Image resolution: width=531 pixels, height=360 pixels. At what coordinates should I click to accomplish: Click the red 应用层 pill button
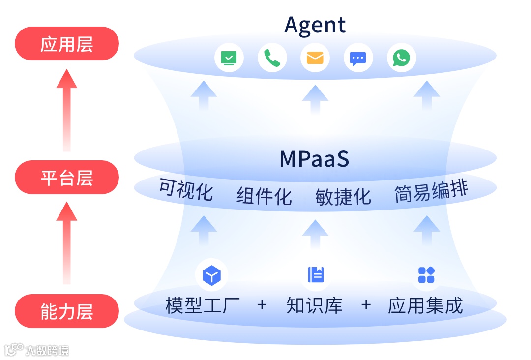[x=67, y=44]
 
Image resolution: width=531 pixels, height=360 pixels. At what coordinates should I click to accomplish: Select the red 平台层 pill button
[x=67, y=178]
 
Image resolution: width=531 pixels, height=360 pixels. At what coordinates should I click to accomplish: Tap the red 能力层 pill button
[x=67, y=311]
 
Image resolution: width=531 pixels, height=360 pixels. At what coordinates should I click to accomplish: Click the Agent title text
[x=315, y=25]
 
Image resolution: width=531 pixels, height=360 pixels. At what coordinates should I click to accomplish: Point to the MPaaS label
[x=314, y=159]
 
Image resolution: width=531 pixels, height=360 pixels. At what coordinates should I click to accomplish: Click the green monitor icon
[x=229, y=58]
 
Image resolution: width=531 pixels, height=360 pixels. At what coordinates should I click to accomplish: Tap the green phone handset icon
[x=272, y=58]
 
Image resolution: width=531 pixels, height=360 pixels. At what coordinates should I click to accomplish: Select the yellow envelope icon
[x=315, y=58]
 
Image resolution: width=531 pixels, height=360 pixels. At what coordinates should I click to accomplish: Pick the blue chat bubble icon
[x=358, y=58]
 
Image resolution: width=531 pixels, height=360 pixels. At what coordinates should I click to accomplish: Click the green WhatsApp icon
[x=401, y=58]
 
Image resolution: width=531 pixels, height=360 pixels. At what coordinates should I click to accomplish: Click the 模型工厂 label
[x=203, y=305]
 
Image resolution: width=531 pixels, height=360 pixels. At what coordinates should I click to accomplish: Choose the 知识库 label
[x=314, y=305]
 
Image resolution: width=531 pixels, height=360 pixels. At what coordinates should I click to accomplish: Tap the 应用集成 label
[x=425, y=305]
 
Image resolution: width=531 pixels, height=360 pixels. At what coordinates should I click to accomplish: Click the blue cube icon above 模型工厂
[x=211, y=275]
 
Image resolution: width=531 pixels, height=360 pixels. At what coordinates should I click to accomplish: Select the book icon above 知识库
[x=316, y=275]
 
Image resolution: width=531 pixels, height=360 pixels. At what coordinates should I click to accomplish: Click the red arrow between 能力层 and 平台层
[x=66, y=243]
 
